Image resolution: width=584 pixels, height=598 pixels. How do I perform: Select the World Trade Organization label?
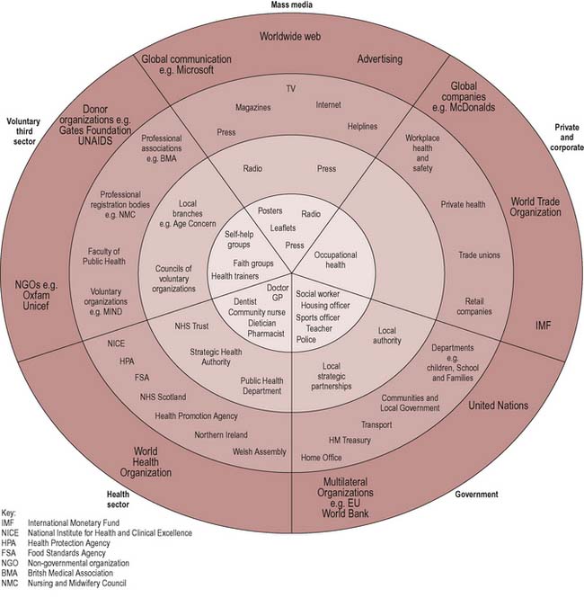coord(536,208)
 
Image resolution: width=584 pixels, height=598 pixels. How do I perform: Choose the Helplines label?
coord(362,127)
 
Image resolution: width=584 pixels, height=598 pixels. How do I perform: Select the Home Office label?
coord(322,458)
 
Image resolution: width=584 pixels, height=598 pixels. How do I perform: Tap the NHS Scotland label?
coord(163,397)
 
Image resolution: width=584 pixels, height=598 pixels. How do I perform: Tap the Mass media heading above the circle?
coord(293,5)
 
